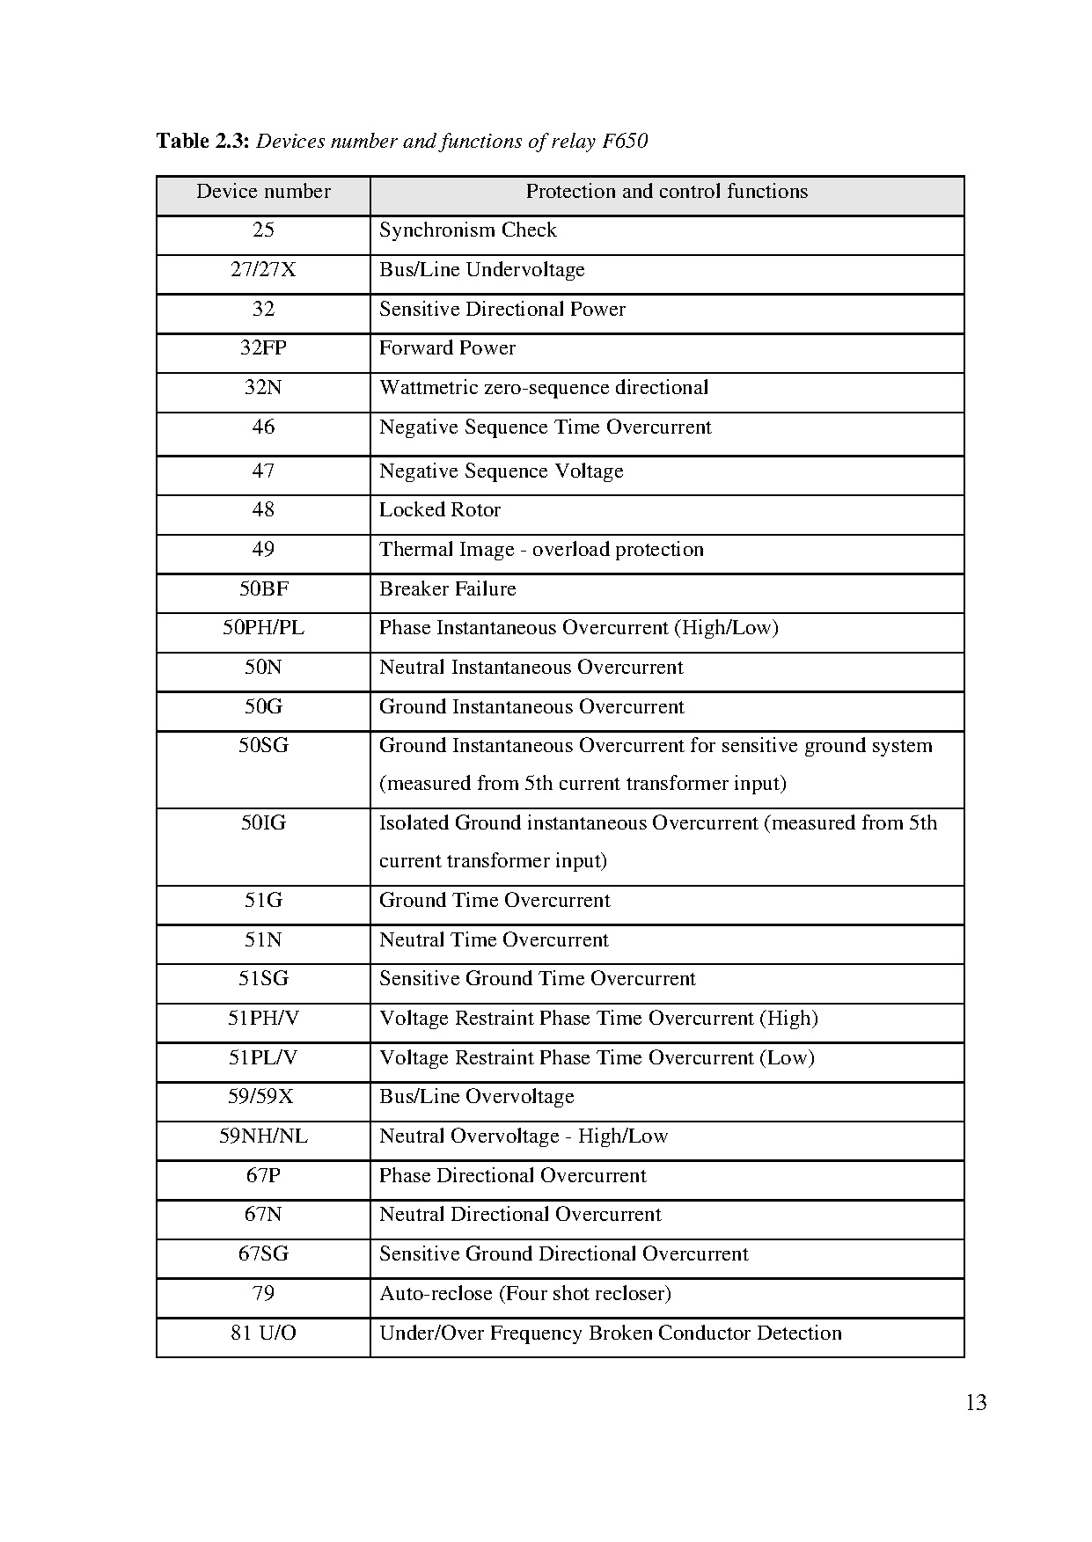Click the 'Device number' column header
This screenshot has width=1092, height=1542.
pos(263,192)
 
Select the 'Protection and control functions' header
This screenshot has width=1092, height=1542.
pos(666,192)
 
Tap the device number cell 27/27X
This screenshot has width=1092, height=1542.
pos(263,270)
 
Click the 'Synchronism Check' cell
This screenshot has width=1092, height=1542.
pos(467,230)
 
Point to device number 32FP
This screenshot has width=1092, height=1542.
pos(263,348)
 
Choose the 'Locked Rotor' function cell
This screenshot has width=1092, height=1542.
pos(439,510)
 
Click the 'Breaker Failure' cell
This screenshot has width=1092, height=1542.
pos(447,589)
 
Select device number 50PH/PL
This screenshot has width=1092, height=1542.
pos(263,628)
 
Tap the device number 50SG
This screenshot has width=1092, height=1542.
pos(263,746)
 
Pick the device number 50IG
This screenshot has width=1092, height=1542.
pos(263,823)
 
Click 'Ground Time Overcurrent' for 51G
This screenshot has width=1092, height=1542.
pos(494,901)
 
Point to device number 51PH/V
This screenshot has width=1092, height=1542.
pos(263,1019)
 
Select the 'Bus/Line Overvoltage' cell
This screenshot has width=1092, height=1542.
pos(476,1097)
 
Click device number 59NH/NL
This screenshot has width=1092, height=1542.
pos(263,1136)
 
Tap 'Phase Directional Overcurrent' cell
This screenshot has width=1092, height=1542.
pos(512,1176)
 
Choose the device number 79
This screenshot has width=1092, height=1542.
pos(263,1294)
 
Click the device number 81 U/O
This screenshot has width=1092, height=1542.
pos(263,1334)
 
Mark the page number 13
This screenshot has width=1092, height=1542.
pos(976,1403)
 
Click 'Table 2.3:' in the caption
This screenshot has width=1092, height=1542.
pos(203,141)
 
